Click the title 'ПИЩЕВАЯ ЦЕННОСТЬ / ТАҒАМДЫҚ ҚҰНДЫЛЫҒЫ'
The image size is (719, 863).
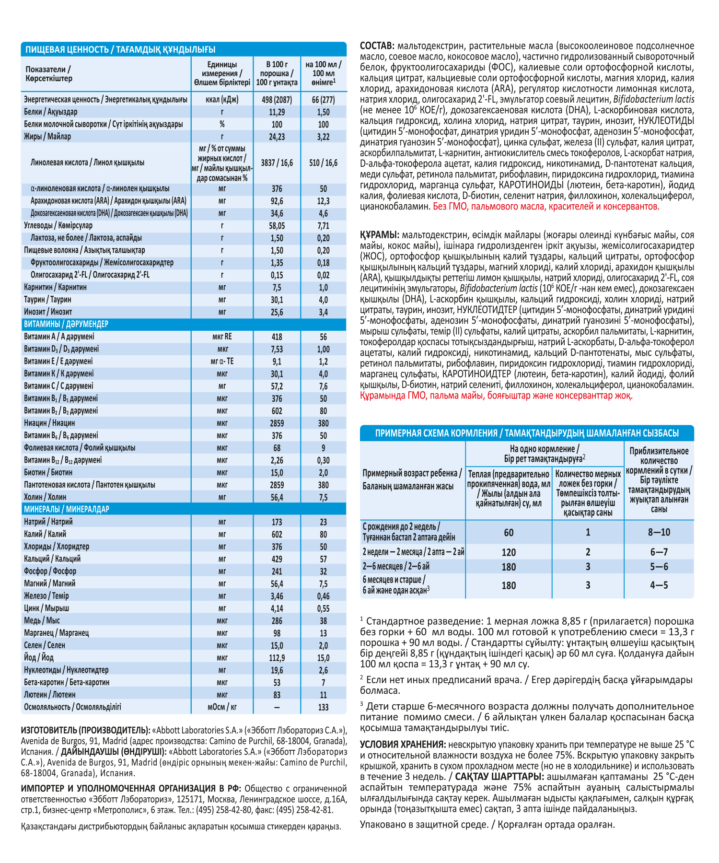coord(120,49)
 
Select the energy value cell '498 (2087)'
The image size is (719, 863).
coord(277,100)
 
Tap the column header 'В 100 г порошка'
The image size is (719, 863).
coord(277,73)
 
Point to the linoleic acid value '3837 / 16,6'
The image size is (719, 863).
coord(277,163)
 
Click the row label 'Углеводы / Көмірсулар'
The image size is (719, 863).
coord(58,225)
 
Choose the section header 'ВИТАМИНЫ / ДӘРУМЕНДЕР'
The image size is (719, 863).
coord(66,324)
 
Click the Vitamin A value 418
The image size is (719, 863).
coord(277,337)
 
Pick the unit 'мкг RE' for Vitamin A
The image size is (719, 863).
coord(222,337)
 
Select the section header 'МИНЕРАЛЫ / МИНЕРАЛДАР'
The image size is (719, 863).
coord(67,509)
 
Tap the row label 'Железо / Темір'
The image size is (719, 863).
coord(46,596)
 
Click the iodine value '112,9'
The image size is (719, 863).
coord(277,658)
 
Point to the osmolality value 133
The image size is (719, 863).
coord(323,707)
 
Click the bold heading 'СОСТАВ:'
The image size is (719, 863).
coord(377,46)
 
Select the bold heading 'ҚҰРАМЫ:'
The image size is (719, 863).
coord(380,235)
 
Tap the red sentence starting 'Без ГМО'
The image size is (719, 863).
coord(546,207)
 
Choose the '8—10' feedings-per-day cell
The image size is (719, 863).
coord(659,532)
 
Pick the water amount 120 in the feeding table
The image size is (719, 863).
coord(509,552)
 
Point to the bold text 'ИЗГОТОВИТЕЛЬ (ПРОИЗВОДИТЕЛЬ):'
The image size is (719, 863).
coord(86,730)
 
